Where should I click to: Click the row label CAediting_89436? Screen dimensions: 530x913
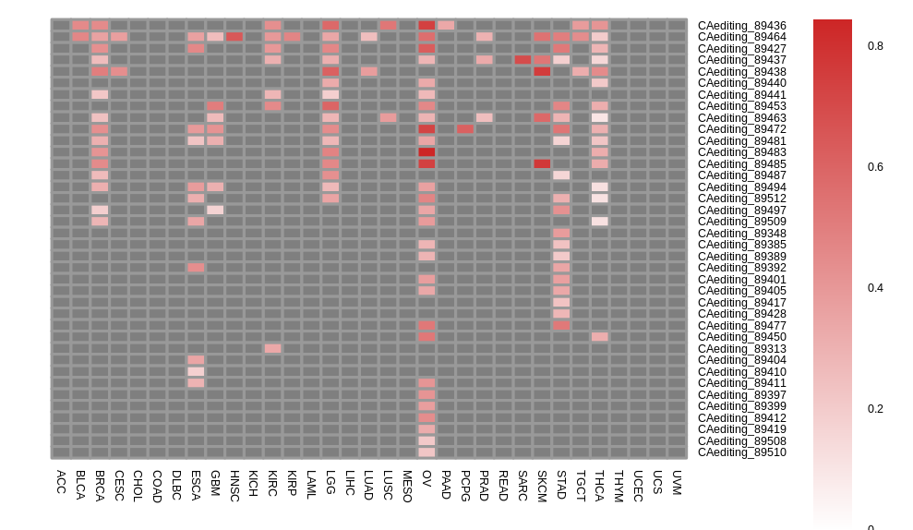click(741, 26)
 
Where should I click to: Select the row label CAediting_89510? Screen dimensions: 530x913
click(741, 452)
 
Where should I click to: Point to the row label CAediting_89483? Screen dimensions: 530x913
click(741, 152)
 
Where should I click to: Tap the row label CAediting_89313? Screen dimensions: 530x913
click(741, 349)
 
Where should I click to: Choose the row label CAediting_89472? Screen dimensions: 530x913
click(741, 129)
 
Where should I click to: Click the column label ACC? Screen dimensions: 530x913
click(61, 481)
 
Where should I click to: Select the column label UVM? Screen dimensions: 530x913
click(677, 482)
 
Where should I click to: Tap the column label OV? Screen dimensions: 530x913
click(426, 477)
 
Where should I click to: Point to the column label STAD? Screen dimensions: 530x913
click(561, 484)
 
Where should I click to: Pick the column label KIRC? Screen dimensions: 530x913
click(272, 484)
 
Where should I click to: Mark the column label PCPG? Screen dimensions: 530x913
click(465, 485)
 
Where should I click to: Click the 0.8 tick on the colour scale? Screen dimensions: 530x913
click(875, 46)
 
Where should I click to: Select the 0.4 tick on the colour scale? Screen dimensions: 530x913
click(875, 288)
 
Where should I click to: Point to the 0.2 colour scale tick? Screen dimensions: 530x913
click(875, 409)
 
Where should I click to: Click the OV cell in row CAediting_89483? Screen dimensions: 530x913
click(426, 152)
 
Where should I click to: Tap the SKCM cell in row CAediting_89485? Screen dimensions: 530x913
click(542, 163)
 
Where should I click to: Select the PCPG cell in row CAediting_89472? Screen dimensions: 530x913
click(465, 129)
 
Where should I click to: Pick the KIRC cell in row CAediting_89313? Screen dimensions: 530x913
click(272, 349)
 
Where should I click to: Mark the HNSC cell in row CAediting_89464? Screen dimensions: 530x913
click(234, 37)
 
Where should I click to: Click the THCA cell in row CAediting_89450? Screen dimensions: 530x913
click(600, 337)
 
